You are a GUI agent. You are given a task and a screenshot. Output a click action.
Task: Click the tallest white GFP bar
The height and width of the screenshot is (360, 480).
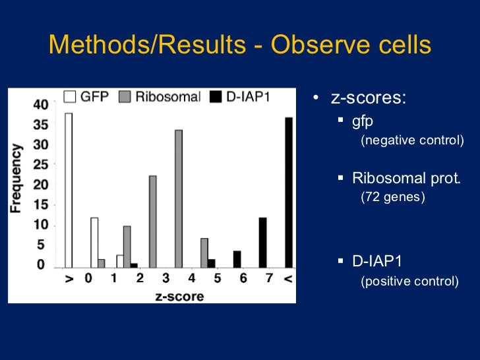point(69,191)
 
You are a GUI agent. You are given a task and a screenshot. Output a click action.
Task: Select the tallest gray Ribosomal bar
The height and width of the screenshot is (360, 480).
point(179,198)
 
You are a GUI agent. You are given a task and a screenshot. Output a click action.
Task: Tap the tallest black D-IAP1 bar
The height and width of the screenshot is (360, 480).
point(289,193)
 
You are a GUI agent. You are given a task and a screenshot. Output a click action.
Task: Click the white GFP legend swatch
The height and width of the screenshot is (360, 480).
point(69,96)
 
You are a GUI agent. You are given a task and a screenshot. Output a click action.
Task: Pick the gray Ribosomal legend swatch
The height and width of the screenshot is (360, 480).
point(125,96)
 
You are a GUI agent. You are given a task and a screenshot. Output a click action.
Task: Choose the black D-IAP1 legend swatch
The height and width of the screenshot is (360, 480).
point(216,96)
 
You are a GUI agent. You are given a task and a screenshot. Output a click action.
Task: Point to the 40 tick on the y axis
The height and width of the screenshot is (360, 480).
point(41,104)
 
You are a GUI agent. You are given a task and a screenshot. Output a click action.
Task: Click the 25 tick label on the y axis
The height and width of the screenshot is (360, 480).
point(41,165)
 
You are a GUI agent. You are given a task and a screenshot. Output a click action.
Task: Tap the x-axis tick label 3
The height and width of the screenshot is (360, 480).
point(165,278)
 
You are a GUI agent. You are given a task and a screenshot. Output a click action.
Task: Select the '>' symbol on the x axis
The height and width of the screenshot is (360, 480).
point(69,279)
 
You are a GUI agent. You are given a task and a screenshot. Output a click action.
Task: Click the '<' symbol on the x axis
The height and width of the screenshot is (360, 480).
point(288,279)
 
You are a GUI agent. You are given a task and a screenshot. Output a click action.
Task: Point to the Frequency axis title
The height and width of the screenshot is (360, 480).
point(16,178)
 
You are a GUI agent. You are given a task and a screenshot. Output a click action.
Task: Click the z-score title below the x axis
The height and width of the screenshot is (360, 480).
point(179,296)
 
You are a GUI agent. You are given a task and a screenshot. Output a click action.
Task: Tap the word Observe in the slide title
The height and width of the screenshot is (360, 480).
point(322,44)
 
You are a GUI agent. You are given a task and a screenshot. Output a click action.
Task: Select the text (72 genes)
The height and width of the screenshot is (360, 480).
point(393,197)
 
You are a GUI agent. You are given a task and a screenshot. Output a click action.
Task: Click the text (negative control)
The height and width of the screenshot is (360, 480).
point(412,140)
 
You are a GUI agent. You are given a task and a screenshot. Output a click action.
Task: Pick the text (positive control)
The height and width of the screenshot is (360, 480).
point(409,281)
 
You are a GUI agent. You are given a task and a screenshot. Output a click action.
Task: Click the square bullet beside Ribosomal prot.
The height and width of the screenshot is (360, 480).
point(341,177)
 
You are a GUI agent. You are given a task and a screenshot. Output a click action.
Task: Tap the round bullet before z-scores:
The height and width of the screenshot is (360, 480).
point(316,98)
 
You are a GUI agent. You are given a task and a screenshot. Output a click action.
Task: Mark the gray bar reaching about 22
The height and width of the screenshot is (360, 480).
point(152,222)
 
